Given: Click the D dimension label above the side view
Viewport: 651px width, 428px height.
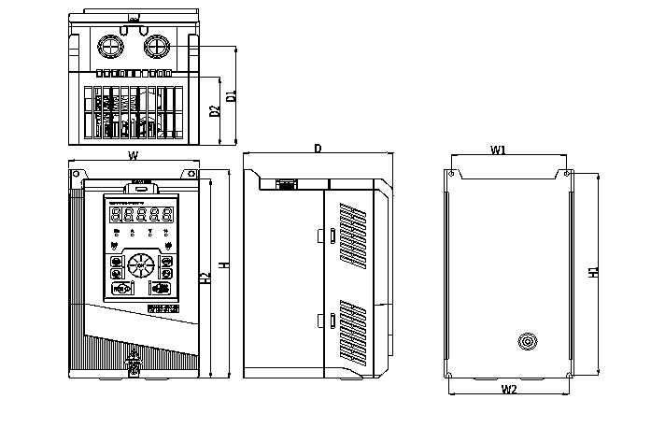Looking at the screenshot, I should tap(318, 149).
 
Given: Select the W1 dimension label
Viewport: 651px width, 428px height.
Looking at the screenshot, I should tap(498, 150).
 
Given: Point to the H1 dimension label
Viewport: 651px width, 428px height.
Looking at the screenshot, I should tap(593, 274).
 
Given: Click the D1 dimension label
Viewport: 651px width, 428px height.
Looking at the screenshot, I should tap(231, 94).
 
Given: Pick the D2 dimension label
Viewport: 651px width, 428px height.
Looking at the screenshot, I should tap(215, 111).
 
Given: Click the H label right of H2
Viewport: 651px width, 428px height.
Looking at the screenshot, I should tap(223, 266).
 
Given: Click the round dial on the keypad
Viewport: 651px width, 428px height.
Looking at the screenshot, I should tap(140, 265).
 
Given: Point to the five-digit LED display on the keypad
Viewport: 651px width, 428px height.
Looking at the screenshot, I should tap(140, 214).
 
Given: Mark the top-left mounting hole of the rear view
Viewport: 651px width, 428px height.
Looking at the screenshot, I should tap(452, 174).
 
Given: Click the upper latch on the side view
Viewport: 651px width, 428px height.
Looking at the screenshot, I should tap(332, 235).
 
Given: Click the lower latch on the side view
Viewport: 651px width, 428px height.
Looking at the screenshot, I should tap(332, 321).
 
